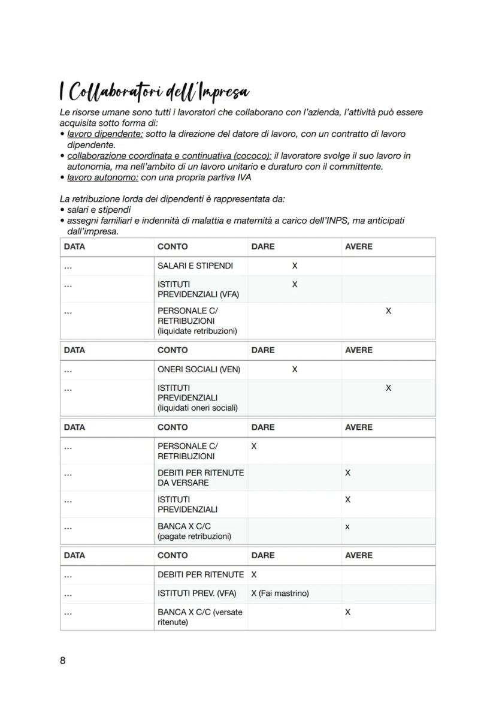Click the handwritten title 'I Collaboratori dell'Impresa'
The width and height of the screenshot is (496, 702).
154,92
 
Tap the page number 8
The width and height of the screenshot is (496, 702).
63,661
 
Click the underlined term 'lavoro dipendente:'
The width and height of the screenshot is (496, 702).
105,134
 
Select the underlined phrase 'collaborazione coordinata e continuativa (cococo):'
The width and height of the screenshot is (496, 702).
169,156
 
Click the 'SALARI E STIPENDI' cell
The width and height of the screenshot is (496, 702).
195,266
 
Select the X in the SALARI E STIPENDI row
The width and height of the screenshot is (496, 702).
294,266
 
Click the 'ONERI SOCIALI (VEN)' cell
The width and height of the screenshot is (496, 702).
199,369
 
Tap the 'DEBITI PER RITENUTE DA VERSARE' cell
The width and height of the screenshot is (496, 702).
200,478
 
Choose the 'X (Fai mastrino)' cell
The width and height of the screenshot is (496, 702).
280,593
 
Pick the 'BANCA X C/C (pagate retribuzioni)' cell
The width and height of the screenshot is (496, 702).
194,531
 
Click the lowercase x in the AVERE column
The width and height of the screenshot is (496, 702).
347,527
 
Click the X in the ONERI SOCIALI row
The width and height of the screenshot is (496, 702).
294,369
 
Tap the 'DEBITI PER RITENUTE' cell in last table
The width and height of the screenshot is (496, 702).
200,574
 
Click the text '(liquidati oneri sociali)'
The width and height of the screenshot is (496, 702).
198,408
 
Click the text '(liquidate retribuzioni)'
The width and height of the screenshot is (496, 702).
197,331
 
